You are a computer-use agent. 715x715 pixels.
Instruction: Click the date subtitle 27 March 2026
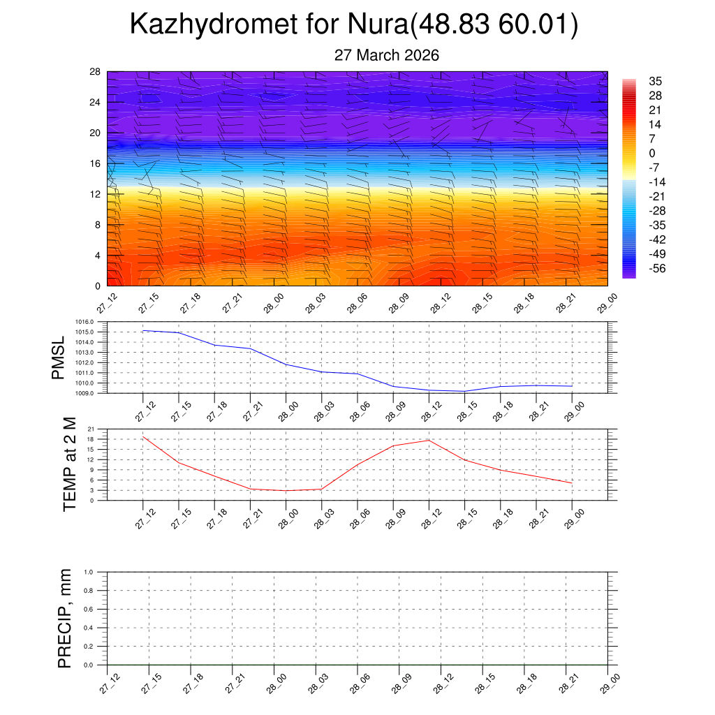(x=387, y=55)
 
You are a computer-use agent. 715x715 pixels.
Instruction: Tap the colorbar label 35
(x=655, y=81)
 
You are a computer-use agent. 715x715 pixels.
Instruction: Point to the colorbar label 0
(x=652, y=154)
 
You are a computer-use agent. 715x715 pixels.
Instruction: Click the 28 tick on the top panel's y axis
(x=96, y=72)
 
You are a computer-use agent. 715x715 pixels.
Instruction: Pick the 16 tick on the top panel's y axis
(x=96, y=163)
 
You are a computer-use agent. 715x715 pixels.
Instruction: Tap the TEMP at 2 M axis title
(x=69, y=464)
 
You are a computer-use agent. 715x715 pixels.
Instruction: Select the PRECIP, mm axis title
(x=65, y=618)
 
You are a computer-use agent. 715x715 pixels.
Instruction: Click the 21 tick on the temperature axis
(x=91, y=429)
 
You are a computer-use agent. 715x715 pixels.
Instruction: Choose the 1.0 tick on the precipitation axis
(x=89, y=572)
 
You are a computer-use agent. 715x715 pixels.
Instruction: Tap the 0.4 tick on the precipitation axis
(x=89, y=628)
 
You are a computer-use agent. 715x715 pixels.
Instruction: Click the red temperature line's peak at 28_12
(x=429, y=440)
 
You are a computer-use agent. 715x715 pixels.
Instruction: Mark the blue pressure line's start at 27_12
(x=143, y=330)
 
